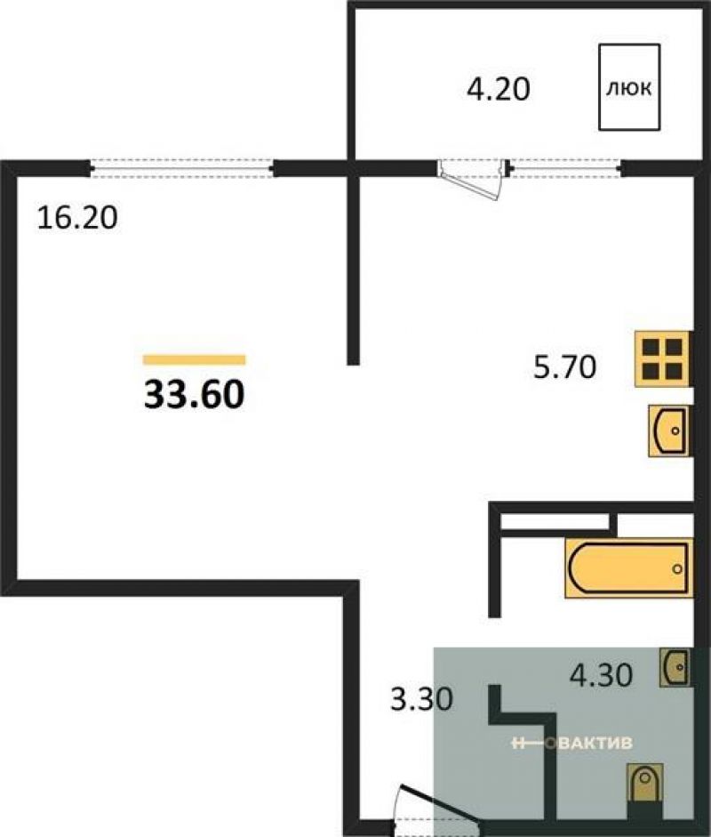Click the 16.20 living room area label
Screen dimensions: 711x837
coord(77,218)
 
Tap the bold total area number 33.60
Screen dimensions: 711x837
coord(194,395)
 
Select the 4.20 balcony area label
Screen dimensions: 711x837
coord(499,89)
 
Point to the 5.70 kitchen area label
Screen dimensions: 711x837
coord(565,367)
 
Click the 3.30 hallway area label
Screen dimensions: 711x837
coord(422,699)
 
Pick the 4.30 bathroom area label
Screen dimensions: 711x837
coord(601,675)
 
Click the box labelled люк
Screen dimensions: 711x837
coord(629,87)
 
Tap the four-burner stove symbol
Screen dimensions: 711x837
coord(662,358)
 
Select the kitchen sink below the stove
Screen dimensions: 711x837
coord(669,431)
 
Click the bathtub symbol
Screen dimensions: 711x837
coord(628,568)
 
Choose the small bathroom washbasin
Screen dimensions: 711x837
coord(675,667)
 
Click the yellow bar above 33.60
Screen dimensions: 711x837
coord(194,359)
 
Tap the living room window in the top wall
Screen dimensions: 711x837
coord(182,169)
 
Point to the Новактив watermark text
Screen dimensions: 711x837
coord(571,743)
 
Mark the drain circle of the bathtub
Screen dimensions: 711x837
coord(677,569)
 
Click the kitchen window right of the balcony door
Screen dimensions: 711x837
coord(565,169)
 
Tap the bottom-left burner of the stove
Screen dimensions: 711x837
coord(651,370)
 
